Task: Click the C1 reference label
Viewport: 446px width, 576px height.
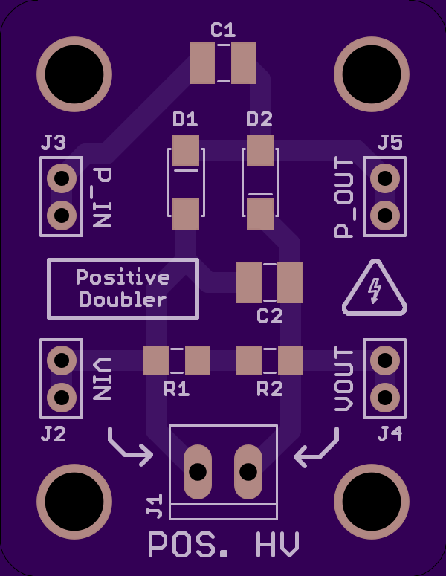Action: point(223,30)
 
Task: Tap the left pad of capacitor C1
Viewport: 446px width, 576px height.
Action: point(202,63)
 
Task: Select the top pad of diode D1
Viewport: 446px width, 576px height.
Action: point(186,150)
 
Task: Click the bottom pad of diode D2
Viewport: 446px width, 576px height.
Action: point(260,214)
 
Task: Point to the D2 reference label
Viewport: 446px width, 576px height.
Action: point(259,120)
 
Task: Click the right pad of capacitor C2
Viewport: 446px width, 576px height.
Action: point(290,282)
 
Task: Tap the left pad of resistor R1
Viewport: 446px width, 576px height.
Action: point(156,360)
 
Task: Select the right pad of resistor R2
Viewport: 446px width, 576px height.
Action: point(291,360)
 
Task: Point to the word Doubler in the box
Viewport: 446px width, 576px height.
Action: point(123,300)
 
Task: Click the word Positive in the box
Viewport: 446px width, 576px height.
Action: point(123,277)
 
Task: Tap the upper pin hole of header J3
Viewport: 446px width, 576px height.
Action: point(62,178)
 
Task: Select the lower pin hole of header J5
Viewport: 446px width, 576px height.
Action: point(385,216)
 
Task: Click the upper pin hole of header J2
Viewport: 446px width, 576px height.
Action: point(62,360)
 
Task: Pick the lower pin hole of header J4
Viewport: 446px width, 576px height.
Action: point(385,398)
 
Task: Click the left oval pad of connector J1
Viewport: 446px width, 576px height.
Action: point(198,472)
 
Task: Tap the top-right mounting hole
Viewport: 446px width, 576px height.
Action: point(372,74)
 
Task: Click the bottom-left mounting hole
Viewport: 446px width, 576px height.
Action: point(74,502)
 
